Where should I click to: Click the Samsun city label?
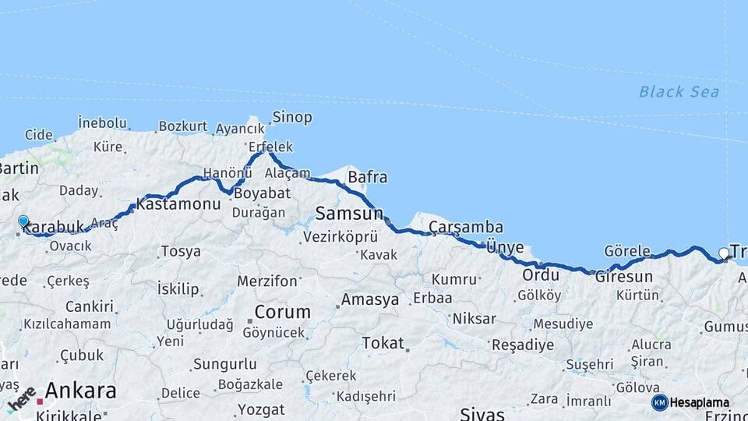[348, 212]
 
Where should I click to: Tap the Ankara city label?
[80, 390]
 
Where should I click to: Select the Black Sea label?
[679, 92]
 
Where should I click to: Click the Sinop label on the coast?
[291, 118]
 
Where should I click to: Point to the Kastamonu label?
[178, 204]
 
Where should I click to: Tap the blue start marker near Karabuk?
[23, 221]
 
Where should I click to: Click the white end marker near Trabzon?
[724, 253]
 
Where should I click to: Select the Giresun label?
[623, 277]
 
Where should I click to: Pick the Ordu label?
[541, 275]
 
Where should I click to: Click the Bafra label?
[367, 177]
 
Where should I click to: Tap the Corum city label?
[281, 312]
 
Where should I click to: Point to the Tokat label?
[383, 343]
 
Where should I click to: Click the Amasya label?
[370, 299]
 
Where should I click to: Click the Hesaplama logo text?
[699, 402]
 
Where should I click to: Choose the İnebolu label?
[102, 122]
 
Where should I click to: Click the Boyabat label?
[260, 193]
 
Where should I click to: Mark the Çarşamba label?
[465, 228]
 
